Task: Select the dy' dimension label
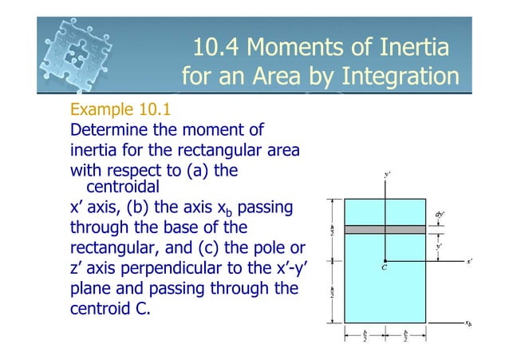(x=439, y=215)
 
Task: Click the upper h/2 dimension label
(x=333, y=230)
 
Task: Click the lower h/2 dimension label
(x=333, y=292)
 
